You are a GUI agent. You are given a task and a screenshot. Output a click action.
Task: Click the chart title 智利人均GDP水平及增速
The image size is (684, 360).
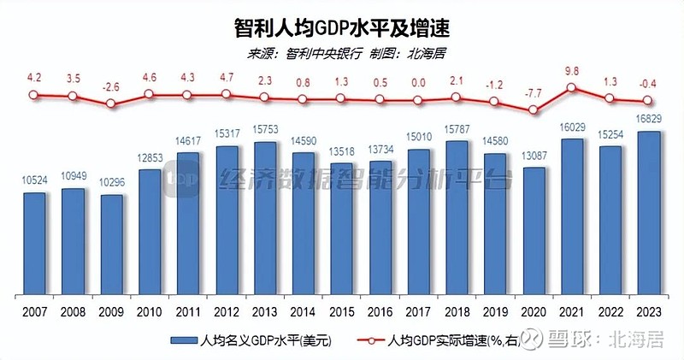(x=341, y=27)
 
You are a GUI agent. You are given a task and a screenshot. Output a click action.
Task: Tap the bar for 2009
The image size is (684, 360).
(x=112, y=243)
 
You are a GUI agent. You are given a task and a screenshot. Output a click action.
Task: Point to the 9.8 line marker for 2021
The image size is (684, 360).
(x=571, y=88)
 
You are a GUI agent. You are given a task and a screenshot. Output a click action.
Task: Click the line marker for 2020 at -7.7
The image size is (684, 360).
(x=533, y=110)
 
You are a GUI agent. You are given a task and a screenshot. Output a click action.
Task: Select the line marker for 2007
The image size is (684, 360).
(x=34, y=96)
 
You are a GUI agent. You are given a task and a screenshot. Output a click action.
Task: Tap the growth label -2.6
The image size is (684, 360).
(x=112, y=87)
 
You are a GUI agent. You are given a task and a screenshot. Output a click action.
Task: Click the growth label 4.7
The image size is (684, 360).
(x=227, y=78)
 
